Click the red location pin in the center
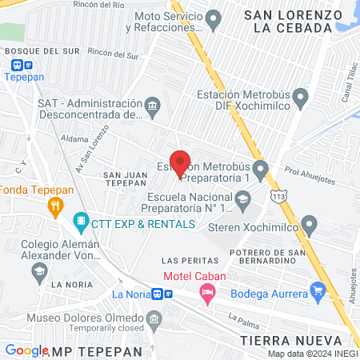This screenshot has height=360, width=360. [180, 162]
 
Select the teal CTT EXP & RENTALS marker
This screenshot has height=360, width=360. [80, 220]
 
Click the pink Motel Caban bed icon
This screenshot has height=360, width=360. [208, 294]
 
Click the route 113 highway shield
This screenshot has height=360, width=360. [278, 196]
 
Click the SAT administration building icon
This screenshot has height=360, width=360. [152, 105]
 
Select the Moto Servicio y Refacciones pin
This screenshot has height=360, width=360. [213, 18]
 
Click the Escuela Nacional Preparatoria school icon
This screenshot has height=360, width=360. [242, 198]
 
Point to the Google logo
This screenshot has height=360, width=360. [26, 350]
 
